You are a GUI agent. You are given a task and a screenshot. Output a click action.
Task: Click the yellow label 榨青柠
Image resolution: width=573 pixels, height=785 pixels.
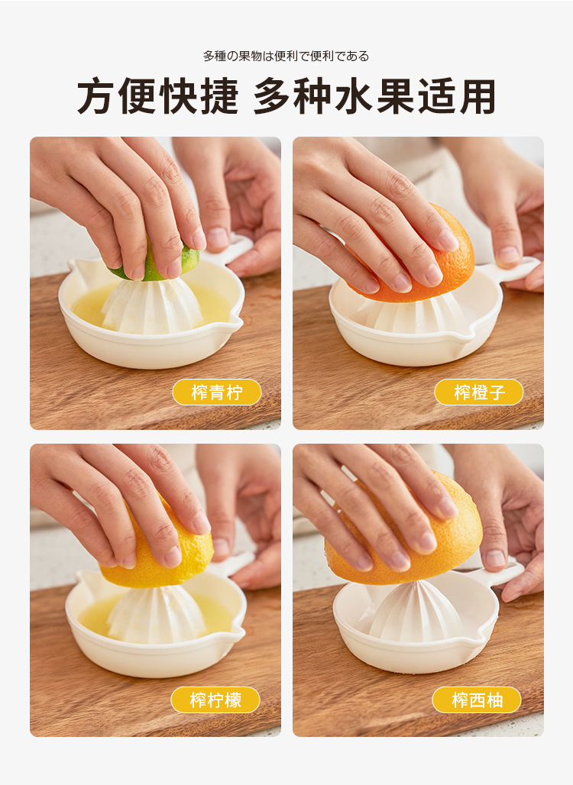[216, 392]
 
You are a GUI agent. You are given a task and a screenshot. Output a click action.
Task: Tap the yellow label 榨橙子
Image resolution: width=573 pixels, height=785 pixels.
[478, 392]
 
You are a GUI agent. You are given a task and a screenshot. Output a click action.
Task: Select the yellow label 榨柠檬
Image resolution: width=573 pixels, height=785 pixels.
[215, 699]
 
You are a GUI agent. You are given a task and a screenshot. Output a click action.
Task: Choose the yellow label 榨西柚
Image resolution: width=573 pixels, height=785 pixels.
[476, 699]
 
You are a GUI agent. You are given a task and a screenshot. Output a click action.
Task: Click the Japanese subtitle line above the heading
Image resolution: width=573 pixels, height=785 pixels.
[286, 56]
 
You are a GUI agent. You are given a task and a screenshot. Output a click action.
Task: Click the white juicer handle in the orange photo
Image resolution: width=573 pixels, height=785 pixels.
[511, 270]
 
